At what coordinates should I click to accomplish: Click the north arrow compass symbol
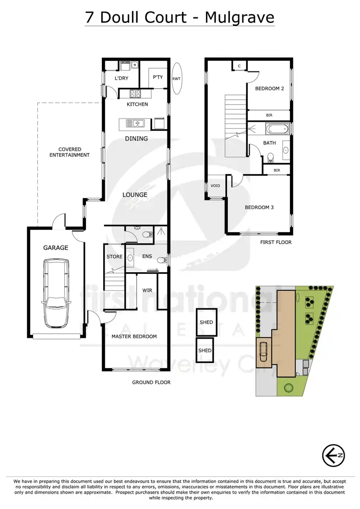coord(333,454)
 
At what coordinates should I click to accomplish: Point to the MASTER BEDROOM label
coord(134,336)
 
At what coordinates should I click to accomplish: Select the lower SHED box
coord(205,351)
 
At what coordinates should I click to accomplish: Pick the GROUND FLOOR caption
coord(151,382)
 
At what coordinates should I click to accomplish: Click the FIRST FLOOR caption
coord(276,242)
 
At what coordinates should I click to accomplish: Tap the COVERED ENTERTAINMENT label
coord(71,152)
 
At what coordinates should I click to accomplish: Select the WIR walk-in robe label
coord(147,291)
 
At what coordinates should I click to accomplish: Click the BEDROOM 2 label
coord(269,89)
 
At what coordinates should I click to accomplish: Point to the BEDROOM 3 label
coord(259,207)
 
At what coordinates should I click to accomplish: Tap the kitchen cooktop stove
coord(133,94)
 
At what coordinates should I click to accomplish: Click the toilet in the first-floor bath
coord(271,157)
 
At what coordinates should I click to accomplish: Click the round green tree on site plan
coord(288,387)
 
